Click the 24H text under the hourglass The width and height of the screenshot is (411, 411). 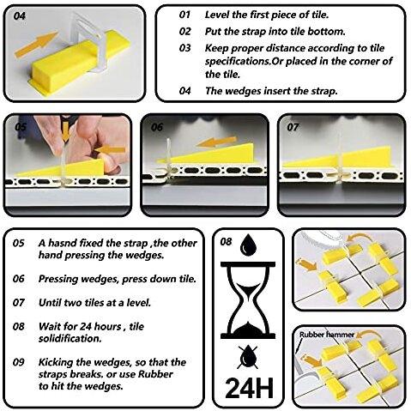click(249, 388)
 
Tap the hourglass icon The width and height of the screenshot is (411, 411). click(248, 300)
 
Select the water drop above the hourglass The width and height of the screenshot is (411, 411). click(248, 245)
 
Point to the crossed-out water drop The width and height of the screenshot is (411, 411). click(248, 357)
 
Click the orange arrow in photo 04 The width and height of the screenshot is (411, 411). click(36, 45)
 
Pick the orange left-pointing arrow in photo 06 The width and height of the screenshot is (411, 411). click(217, 142)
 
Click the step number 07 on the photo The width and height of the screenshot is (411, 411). click(293, 127)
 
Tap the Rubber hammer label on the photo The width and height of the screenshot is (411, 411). click(327, 335)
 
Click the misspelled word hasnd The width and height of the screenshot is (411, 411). click(62, 243)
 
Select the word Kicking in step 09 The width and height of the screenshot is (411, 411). click(56, 363)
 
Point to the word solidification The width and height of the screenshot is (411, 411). click(70, 339)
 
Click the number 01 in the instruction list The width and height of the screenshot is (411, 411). click(184, 15)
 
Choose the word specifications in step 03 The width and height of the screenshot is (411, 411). click(238, 62)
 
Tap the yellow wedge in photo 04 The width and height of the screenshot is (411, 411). click(78, 63)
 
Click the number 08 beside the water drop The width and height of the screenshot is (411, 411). click(226, 242)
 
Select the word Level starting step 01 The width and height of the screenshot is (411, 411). click(217, 15)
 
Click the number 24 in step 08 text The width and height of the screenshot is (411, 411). click(85, 326)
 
